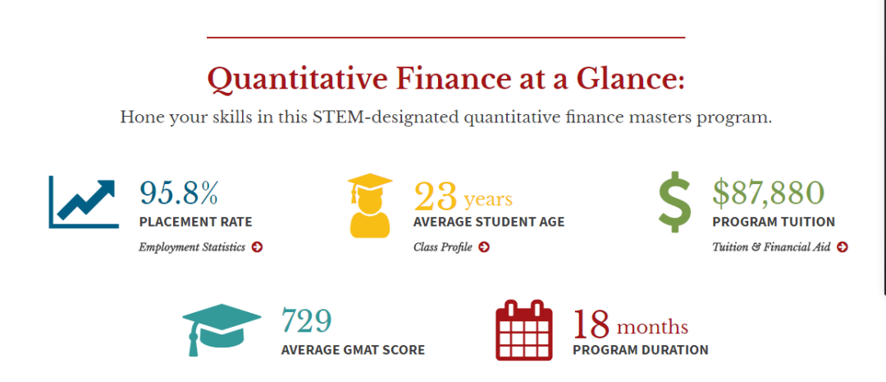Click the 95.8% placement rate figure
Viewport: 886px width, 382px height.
coord(179,193)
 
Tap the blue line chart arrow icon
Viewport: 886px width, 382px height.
coord(84,202)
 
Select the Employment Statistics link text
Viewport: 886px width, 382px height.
coord(192,247)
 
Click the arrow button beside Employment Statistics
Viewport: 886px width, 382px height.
coord(257,246)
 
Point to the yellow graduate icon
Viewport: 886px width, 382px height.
coord(370,205)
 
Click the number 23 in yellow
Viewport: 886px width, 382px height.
coord(435,196)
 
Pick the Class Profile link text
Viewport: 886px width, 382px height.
coord(442,247)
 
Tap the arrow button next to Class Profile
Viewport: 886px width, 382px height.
coord(484,246)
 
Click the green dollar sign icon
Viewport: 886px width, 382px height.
coord(674,201)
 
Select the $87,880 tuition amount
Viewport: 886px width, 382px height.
coord(768,193)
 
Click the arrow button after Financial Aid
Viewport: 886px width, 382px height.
coord(843,246)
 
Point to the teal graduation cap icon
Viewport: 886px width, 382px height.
coord(221,329)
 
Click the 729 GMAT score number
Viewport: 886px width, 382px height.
coord(306,321)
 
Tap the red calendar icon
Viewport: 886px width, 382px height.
coord(523,330)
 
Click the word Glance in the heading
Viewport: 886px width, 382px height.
coord(631,79)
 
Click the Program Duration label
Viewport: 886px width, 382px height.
coord(640,350)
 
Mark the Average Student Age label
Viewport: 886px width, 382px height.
coord(489,222)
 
